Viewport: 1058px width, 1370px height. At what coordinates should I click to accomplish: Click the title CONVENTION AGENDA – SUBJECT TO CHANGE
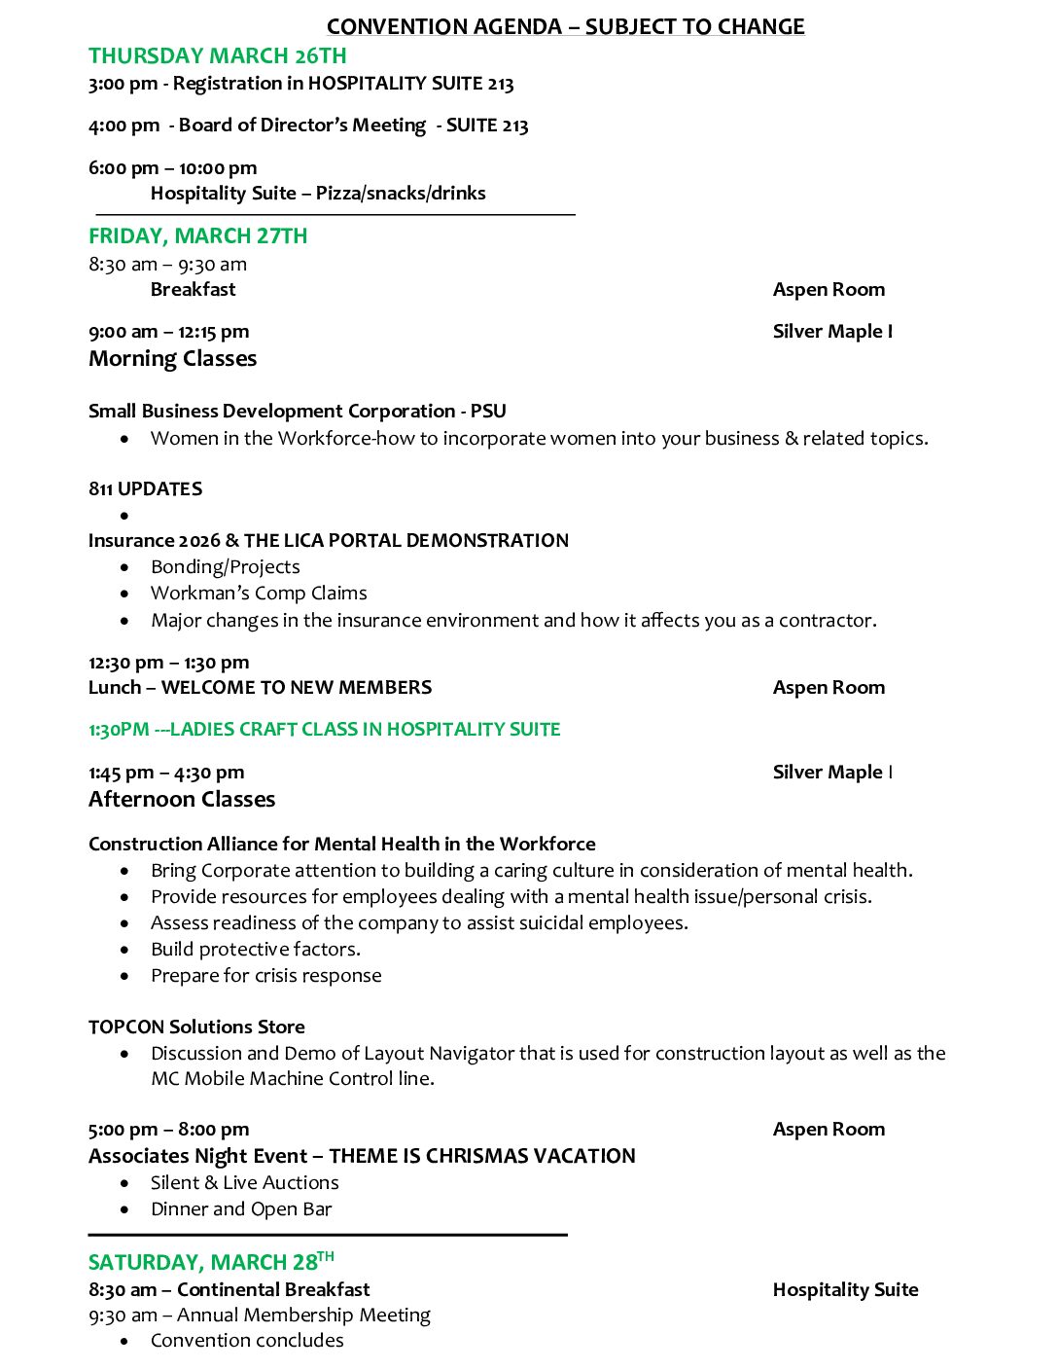point(565,26)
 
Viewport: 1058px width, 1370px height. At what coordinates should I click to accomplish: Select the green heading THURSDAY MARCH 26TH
point(217,55)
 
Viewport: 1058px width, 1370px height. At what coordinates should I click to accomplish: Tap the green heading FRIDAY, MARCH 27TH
point(197,235)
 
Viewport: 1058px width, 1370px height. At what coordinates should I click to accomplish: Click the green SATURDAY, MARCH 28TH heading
point(210,1262)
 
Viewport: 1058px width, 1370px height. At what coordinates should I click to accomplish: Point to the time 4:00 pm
point(123,126)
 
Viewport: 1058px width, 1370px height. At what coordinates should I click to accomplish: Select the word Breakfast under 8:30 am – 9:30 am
point(193,289)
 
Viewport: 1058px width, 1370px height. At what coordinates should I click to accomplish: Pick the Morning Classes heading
point(172,358)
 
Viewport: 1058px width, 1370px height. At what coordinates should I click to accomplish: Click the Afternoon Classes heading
point(182,799)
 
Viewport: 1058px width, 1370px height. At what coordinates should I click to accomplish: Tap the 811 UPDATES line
point(145,488)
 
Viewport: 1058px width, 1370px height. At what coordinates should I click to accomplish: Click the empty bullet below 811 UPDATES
point(124,515)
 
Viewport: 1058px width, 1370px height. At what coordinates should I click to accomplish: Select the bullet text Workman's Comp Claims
point(259,593)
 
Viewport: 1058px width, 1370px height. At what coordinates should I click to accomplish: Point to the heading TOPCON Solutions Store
point(196,1027)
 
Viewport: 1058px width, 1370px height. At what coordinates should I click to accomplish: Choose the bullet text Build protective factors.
point(255,949)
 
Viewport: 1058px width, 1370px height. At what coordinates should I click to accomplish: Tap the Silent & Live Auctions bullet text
point(244,1182)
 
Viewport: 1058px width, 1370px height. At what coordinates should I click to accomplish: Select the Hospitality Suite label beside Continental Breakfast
point(845,1289)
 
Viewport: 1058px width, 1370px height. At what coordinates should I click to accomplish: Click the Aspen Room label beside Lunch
point(829,687)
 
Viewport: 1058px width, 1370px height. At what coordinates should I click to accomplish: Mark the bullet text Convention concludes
point(247,1340)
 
